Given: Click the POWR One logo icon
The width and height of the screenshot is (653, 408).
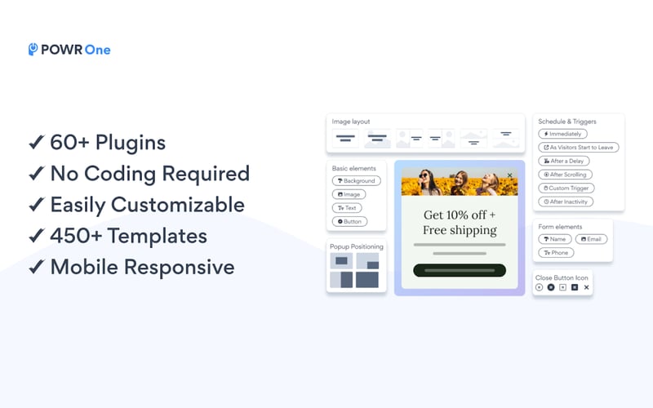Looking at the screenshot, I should [33, 50].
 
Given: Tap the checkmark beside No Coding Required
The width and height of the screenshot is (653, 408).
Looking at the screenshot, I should [36, 174].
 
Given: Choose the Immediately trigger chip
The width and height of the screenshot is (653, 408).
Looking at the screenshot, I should [562, 134].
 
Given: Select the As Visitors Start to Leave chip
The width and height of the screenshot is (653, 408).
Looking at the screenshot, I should [579, 148].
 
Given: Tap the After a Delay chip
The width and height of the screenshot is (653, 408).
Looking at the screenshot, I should [563, 162].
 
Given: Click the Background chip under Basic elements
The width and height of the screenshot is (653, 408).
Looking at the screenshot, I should [356, 181].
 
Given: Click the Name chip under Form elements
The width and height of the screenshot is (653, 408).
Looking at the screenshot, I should [555, 240].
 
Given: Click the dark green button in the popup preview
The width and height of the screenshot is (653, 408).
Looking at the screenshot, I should [459, 270].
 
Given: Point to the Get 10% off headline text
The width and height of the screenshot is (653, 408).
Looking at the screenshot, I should [459, 215].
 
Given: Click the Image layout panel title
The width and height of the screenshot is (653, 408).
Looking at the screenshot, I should [352, 122].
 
